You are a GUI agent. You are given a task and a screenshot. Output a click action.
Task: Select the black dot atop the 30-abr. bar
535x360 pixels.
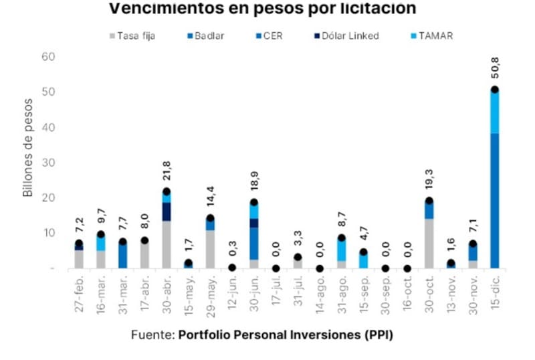click(167, 191)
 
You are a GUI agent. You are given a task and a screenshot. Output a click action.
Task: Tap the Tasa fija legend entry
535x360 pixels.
click(136, 35)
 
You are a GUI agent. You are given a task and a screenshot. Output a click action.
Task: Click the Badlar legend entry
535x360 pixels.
click(208, 35)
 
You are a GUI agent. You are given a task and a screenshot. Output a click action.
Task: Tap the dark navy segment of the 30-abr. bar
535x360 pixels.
click(167, 211)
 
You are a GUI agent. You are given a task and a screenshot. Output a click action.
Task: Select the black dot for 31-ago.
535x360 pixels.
click(342, 238)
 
